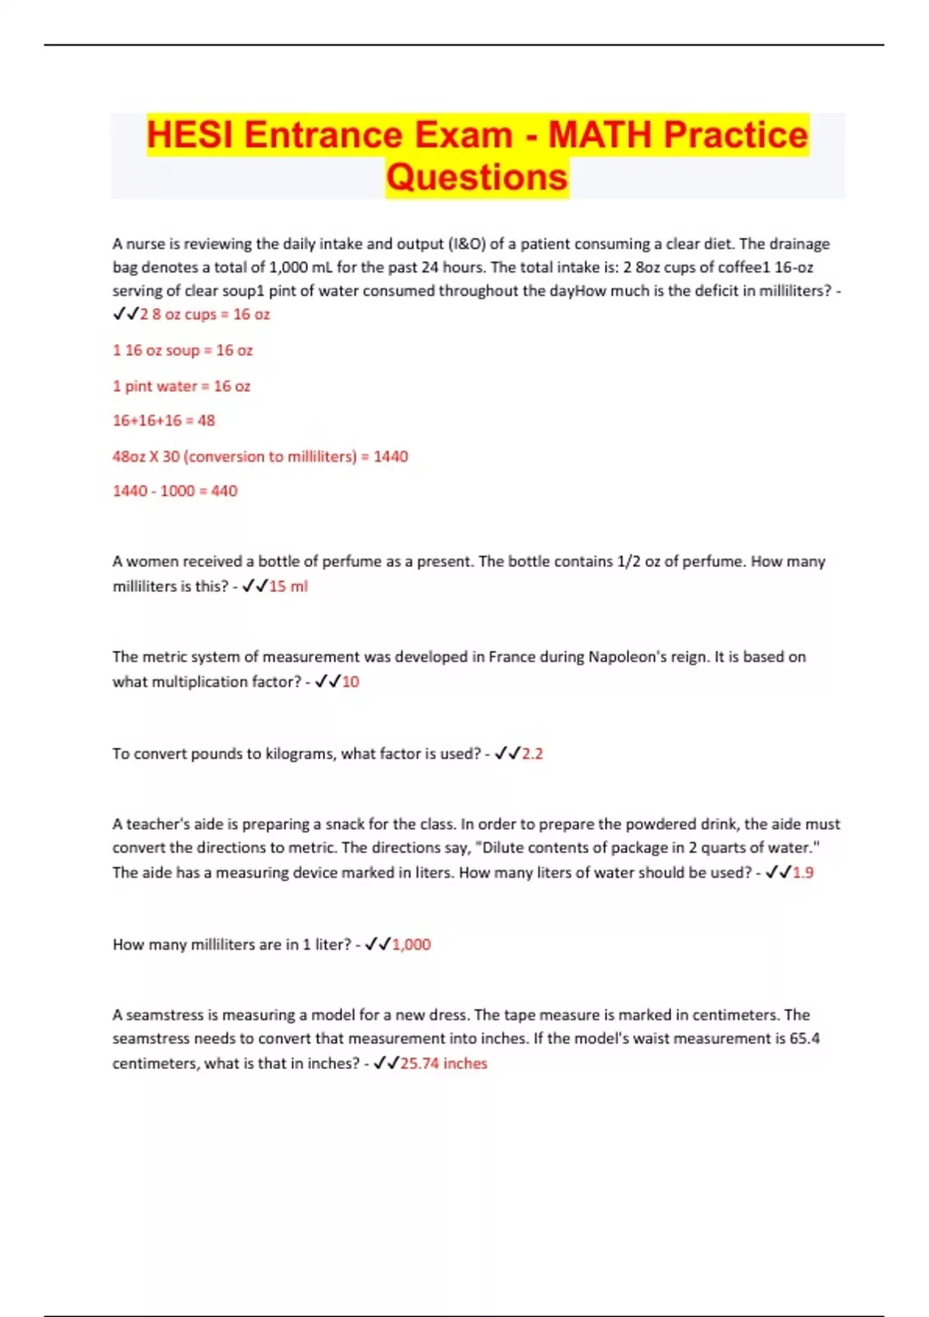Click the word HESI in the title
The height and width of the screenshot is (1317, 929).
point(189,135)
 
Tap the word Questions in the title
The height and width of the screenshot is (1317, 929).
point(477,177)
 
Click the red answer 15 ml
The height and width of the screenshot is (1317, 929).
point(288,586)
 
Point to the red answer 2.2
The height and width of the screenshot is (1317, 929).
point(532,754)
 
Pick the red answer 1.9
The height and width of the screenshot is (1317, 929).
point(803,872)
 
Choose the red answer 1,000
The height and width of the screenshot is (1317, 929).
point(411,944)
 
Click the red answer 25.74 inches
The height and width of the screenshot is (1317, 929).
point(444,1064)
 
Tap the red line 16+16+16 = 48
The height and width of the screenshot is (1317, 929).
point(163,421)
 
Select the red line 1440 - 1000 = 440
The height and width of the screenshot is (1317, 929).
point(175,491)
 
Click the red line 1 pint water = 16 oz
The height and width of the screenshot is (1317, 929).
point(181,386)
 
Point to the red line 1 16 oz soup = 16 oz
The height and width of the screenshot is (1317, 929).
point(183,350)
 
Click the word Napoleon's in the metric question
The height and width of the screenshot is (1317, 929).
point(626,657)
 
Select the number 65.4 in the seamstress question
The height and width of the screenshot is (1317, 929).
point(804,1038)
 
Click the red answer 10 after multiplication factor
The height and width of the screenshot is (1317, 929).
point(351,682)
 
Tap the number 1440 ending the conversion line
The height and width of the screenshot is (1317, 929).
point(391,456)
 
